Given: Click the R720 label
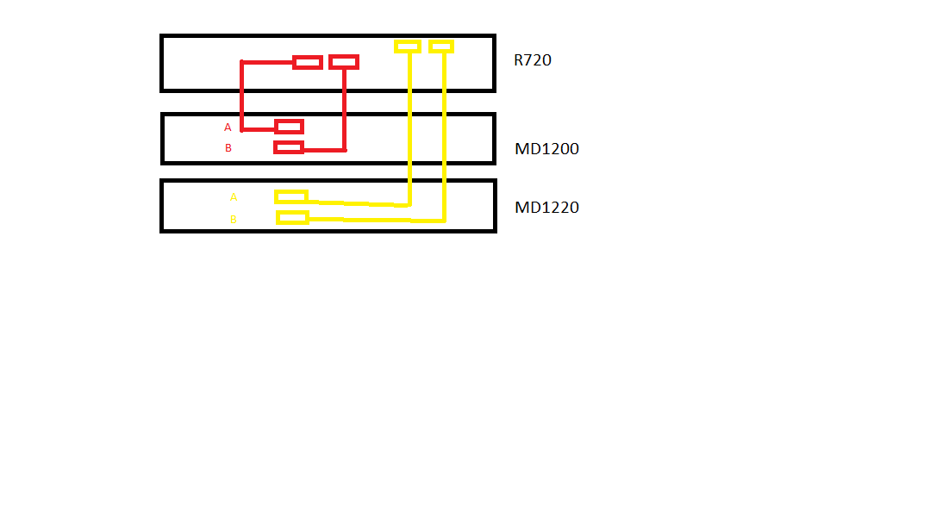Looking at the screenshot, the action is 532,60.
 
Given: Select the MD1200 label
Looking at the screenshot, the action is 546,148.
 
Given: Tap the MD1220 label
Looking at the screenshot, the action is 546,207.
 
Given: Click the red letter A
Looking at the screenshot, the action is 228,128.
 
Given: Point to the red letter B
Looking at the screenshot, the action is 228,147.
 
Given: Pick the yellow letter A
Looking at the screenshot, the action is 233,197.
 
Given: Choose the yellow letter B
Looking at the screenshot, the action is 233,220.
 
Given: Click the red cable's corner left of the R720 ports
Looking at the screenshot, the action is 242,62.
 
